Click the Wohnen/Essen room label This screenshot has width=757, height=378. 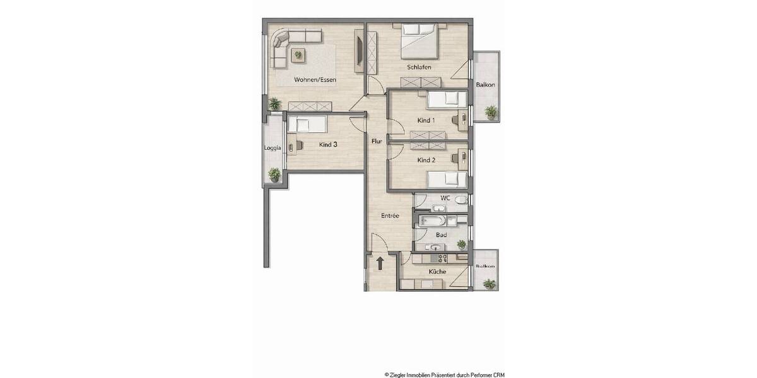315,80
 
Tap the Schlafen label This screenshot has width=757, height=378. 419,67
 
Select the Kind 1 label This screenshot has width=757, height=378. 426,120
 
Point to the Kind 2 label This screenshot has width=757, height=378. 426,160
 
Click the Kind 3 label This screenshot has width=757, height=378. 328,144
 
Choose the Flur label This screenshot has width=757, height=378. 377,141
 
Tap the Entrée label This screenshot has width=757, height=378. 390,215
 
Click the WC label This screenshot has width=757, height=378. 445,198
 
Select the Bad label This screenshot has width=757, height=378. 442,235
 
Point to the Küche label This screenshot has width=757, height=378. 437,272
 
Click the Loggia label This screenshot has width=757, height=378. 273,148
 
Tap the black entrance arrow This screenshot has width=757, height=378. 380,263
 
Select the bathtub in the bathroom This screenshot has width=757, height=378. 434,221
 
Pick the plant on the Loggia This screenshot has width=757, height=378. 274,174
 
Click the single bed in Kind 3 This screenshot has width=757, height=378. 307,125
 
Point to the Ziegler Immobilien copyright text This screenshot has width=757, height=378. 444,374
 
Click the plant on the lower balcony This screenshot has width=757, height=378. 488,284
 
